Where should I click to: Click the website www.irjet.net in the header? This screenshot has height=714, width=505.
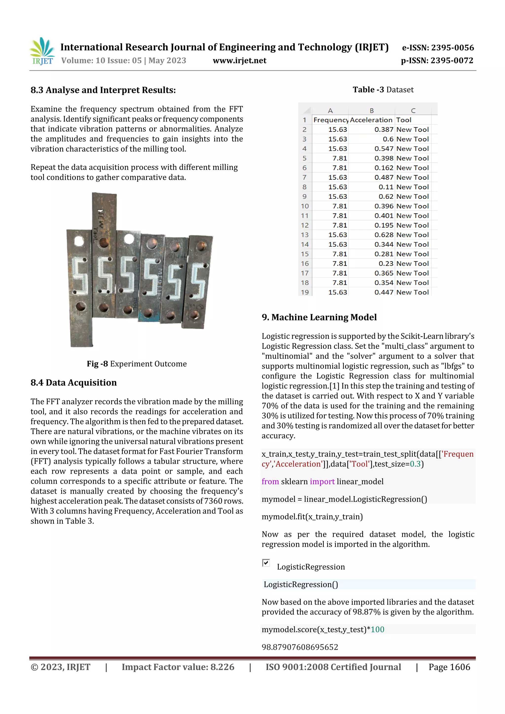239,60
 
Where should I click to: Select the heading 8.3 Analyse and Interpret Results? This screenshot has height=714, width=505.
103,90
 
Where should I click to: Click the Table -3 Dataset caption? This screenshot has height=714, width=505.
383,90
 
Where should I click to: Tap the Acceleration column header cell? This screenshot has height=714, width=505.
371,120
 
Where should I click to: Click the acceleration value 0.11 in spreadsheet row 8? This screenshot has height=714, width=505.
386,187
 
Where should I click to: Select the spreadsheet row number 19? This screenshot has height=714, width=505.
305,292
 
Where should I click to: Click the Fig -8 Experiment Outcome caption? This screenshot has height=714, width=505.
137,364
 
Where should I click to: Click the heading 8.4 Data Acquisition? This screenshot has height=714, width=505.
73,383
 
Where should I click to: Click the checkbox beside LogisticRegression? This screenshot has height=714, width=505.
266,563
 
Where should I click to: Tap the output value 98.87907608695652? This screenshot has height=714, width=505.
300,647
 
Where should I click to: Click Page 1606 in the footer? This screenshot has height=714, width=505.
449,667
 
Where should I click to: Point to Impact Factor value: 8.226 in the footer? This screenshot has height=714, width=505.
178,667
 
